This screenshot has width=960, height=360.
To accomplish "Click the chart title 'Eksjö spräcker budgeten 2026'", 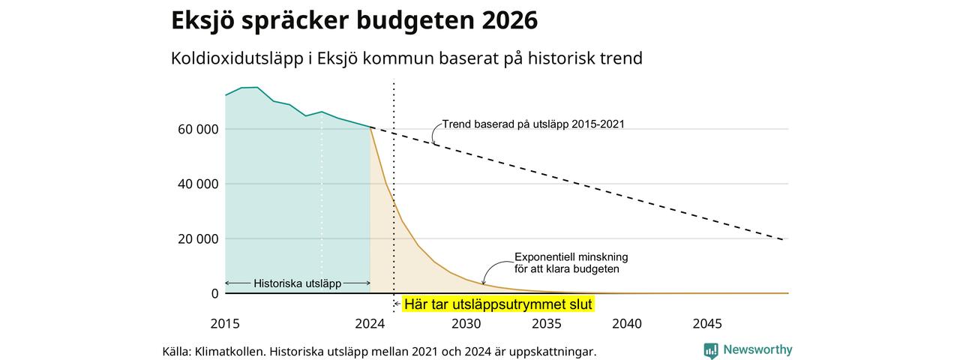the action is (355, 20).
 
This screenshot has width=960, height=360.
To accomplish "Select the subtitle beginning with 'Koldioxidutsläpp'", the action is (406, 58).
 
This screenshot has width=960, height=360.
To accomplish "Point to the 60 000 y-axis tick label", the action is (198, 129).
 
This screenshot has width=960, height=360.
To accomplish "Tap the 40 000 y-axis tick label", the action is (198, 184).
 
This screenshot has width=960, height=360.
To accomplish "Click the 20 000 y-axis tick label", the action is (198, 238).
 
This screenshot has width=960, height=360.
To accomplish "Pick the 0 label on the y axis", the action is (214, 293).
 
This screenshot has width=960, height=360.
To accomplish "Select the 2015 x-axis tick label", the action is (225, 323).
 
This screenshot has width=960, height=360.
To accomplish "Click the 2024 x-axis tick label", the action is (370, 323).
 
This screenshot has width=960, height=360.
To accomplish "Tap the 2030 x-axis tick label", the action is (466, 323).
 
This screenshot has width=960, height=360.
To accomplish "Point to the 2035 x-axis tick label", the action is (547, 323).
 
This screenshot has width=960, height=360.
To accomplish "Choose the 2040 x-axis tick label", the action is (627, 323).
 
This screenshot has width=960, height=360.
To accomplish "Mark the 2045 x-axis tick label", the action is (707, 323).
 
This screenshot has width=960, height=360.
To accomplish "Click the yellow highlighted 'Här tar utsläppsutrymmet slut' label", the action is (498, 304).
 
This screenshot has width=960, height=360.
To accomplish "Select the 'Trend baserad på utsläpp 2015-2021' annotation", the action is (533, 124).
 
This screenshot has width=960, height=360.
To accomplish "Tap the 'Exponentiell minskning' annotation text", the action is (571, 257).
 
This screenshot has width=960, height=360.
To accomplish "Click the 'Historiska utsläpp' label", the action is (298, 283).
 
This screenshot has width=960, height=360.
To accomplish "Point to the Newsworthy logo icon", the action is (710, 350).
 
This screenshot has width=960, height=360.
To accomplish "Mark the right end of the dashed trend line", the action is (784, 239).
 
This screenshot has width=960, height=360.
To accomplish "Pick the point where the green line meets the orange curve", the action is (370, 127).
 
